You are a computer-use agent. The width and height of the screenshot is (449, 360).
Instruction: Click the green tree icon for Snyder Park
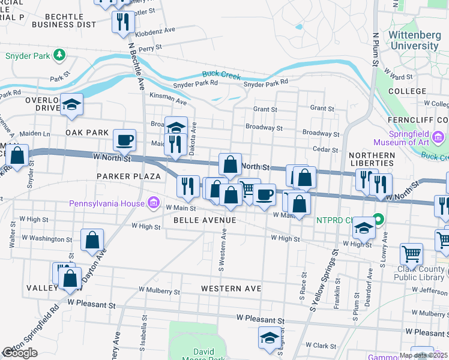coord(59,55)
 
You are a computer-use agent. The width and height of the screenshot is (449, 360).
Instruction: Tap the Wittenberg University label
coord(414,40)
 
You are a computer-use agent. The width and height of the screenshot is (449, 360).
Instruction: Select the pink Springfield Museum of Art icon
coord(438,139)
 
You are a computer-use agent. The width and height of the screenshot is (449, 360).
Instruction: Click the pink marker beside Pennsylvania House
coord(154,203)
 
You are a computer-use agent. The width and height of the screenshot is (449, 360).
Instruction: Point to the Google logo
coord(20,353)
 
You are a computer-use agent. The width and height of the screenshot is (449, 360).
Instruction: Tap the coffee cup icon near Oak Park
coord(125,140)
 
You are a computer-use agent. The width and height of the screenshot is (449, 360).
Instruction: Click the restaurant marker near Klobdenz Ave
coord(123,23)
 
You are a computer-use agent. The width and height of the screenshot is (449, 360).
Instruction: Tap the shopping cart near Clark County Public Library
coord(411,254)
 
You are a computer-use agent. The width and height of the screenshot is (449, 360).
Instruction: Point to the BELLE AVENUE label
coord(205,220)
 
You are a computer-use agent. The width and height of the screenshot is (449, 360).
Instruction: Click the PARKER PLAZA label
coord(129,176)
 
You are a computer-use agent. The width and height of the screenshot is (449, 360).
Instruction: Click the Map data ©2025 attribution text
coord(423,355)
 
